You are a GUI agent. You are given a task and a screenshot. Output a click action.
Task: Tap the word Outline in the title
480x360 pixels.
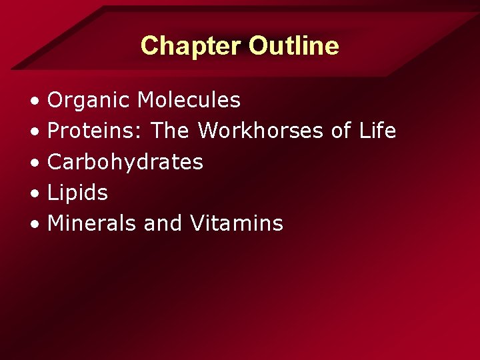pyautogui.click(x=293, y=46)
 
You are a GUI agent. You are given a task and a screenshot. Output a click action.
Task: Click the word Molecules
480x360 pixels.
pyautogui.click(x=189, y=100)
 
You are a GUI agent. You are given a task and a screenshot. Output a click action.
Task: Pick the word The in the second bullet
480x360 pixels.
pyautogui.click(x=170, y=131)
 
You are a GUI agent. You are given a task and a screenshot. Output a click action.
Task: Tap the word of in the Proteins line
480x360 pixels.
pyautogui.click(x=341, y=131)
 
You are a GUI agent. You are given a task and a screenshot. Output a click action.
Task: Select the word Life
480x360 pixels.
pyautogui.click(x=377, y=131)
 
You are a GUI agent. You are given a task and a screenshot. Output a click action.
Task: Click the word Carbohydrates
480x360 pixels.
pyautogui.click(x=125, y=162)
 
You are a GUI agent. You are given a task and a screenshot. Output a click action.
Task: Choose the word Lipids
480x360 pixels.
pyautogui.click(x=77, y=193)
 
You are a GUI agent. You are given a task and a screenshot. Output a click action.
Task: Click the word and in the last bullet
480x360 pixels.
pyautogui.click(x=163, y=223)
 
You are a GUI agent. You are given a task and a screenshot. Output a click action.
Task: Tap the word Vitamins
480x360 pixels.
pyautogui.click(x=236, y=223)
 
